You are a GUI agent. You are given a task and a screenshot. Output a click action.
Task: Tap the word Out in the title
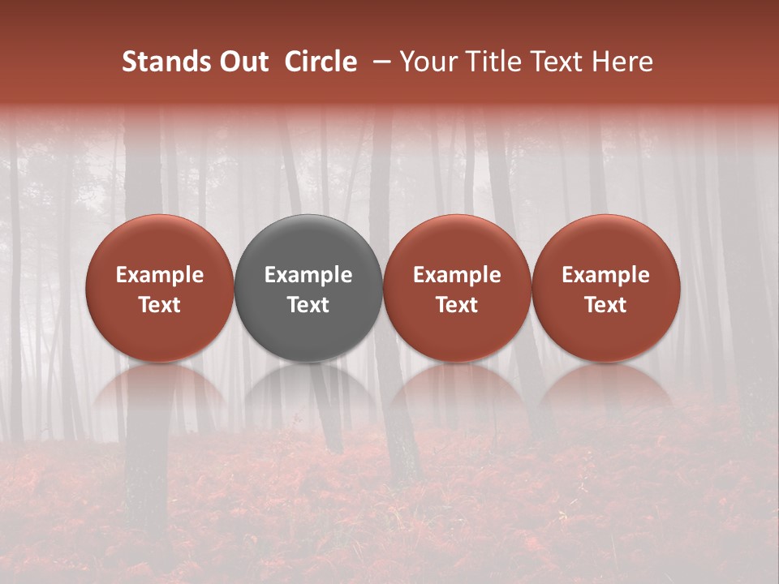pyautogui.click(x=242, y=62)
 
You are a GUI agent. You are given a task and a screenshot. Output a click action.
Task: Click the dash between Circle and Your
pyautogui.click(x=378, y=62)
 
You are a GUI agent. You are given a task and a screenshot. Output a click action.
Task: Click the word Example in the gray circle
pyautogui.click(x=308, y=275)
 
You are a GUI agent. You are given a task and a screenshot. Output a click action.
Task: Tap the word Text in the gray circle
pyautogui.click(x=308, y=305)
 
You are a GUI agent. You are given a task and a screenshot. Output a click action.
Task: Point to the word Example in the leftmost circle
pyautogui.click(x=159, y=275)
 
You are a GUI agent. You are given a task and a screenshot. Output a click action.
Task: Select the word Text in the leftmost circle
pyautogui.click(x=159, y=305)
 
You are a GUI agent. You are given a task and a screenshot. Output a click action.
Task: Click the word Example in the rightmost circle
pyautogui.click(x=606, y=275)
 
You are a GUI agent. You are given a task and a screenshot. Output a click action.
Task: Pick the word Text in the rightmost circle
pyautogui.click(x=606, y=305)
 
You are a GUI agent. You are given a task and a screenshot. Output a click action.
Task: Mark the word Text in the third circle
pyautogui.click(x=457, y=305)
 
